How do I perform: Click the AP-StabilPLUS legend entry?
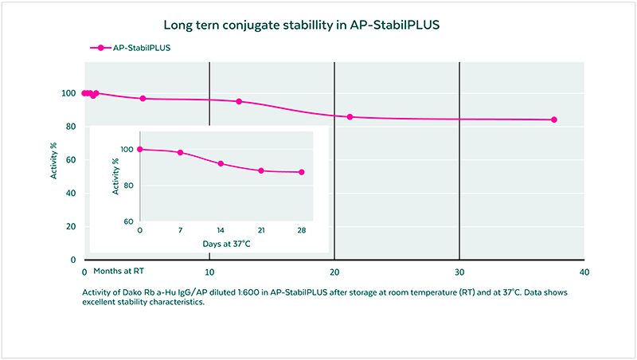click(132, 48)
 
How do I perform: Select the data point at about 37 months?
click(554, 119)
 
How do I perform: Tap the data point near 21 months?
click(350, 117)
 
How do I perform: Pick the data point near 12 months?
click(239, 101)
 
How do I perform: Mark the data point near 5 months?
click(143, 99)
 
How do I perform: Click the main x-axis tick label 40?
click(584, 272)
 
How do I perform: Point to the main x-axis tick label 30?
click(459, 272)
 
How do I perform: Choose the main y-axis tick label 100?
click(68, 93)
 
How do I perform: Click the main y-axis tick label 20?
click(71, 227)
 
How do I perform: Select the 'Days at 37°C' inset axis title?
click(221, 242)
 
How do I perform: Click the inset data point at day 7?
click(180, 153)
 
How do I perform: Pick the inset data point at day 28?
click(302, 172)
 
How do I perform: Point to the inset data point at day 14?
click(221, 164)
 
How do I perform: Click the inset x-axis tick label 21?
click(261, 230)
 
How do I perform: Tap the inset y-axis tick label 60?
click(127, 221)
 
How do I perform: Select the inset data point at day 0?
click(140, 149)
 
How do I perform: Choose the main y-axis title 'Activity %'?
click(54, 159)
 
